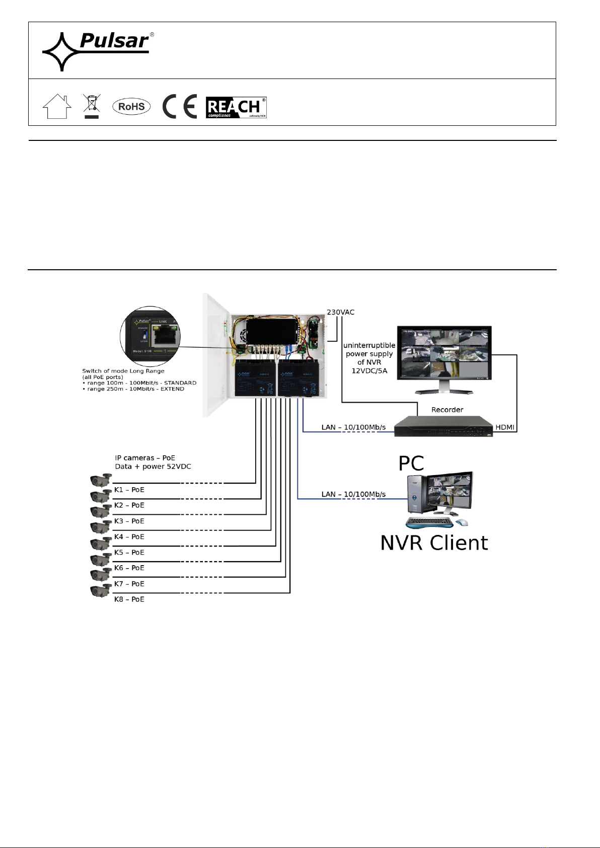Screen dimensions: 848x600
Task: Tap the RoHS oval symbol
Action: (131, 107)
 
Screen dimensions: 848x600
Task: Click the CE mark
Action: (179, 107)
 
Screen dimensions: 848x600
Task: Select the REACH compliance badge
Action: (236, 107)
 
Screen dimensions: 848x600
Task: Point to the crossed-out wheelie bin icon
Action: (91, 106)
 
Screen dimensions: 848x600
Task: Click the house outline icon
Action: (57, 106)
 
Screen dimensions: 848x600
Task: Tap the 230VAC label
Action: (341, 312)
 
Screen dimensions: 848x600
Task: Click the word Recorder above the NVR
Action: (447, 410)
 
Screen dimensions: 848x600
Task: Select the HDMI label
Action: (505, 427)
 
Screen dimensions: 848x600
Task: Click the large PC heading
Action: (411, 464)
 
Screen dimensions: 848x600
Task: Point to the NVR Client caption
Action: (434, 543)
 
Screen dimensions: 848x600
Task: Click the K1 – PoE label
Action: (129, 490)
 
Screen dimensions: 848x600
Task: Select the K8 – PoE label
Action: (129, 599)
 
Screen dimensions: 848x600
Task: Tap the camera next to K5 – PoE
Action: (100, 544)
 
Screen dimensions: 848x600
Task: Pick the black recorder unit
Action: (443, 427)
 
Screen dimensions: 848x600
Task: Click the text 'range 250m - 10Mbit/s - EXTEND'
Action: (135, 389)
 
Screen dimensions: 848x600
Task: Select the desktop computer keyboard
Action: (428, 523)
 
